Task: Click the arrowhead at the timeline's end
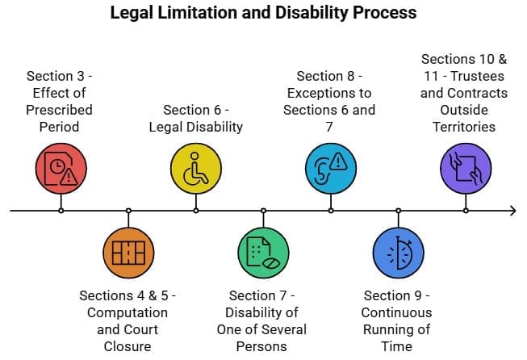[x=511, y=211]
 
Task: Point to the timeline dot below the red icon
[x=61, y=211]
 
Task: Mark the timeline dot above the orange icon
[x=128, y=211]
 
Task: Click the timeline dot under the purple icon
[x=465, y=211]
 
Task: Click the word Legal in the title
[x=129, y=14]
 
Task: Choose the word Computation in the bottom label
[x=128, y=312]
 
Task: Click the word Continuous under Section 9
[x=397, y=312]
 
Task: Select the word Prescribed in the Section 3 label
[x=61, y=110]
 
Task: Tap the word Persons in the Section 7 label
[x=263, y=346]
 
